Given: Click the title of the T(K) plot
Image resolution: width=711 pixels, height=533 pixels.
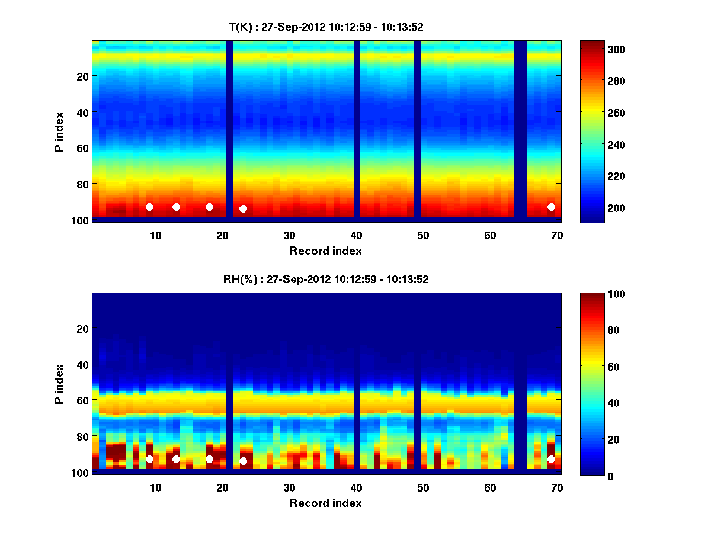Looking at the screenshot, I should pyautogui.click(x=326, y=27).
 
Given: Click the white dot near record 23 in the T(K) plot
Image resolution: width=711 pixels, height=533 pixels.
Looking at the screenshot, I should pyautogui.click(x=243, y=208).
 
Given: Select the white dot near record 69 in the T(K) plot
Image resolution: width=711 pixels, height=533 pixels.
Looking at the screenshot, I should pyautogui.click(x=551, y=207).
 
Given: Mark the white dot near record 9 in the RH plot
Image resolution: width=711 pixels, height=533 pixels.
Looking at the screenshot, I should pyautogui.click(x=149, y=459).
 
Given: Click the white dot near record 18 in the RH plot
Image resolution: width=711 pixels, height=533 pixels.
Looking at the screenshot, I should pyautogui.click(x=209, y=459).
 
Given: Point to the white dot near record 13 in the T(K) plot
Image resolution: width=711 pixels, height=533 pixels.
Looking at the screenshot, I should pyautogui.click(x=176, y=207).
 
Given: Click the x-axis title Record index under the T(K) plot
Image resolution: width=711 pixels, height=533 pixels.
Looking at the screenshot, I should pyautogui.click(x=326, y=251).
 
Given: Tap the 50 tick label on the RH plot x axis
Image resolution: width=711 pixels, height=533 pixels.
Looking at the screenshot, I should pyautogui.click(x=423, y=487).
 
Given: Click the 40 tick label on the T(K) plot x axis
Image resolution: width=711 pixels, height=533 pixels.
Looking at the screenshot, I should pyautogui.click(x=356, y=235).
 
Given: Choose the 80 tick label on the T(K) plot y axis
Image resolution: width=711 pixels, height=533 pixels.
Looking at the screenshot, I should pyautogui.click(x=82, y=184).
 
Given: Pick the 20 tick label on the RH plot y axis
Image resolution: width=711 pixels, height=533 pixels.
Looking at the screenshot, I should pyautogui.click(x=82, y=329).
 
